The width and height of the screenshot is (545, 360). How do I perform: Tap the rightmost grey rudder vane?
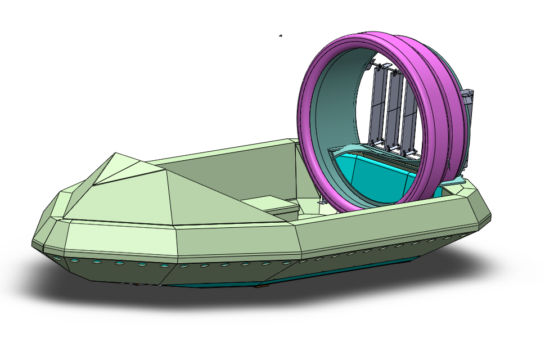point(409,118)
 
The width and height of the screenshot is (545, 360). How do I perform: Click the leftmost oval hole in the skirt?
point(56,258)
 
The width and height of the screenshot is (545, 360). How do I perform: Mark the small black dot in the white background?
point(281,36)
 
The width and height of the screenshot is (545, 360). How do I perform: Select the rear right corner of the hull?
point(484,211)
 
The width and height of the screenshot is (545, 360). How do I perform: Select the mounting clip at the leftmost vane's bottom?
point(372,143)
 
